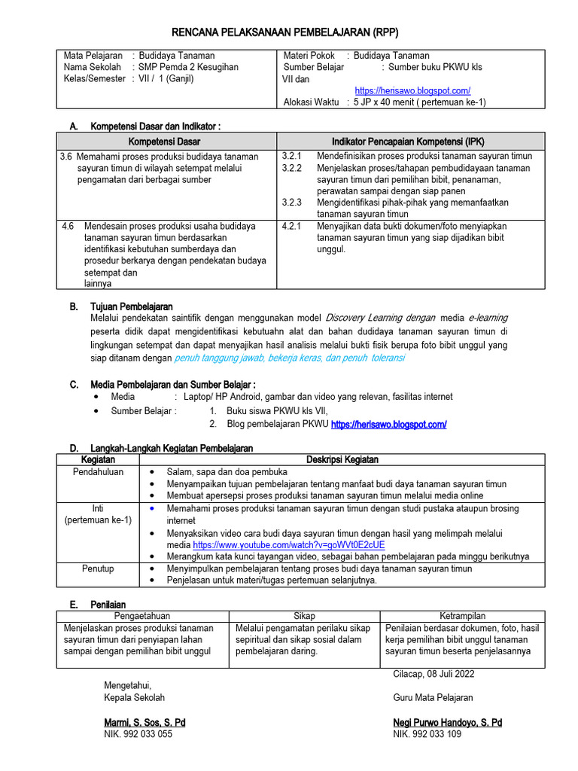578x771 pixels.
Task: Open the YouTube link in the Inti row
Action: point(289,544)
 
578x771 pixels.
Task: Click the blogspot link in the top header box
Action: point(412,90)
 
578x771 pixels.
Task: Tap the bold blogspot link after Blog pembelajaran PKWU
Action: point(388,425)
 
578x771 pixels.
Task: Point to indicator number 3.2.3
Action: point(291,203)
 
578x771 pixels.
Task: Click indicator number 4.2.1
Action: point(291,226)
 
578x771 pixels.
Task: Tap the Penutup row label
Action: point(98,568)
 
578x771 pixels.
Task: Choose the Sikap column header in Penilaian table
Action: point(304,616)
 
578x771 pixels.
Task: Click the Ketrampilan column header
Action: point(461,616)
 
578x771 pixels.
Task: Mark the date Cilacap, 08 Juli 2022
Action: point(433,674)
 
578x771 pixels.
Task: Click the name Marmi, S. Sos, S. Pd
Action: point(144,723)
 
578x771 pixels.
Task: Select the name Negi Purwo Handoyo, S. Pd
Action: point(448,723)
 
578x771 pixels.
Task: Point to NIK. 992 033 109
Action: point(427,734)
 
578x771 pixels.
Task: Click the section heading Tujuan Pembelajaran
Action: point(132,306)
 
